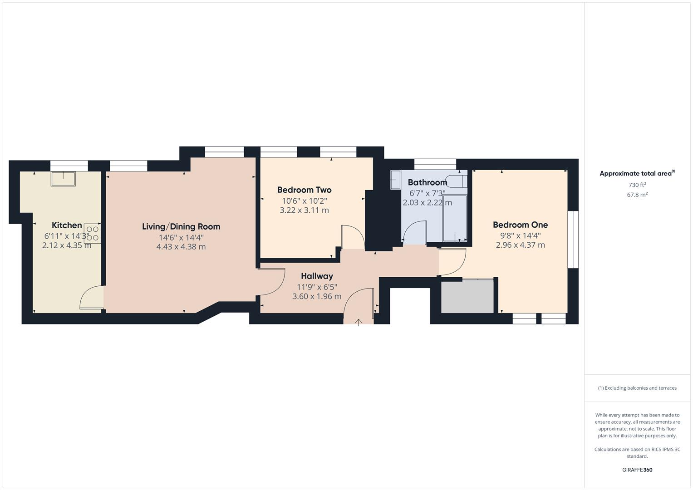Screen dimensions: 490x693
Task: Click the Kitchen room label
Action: pyautogui.click(x=67, y=225)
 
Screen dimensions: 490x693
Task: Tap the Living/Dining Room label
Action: pyautogui.click(x=181, y=226)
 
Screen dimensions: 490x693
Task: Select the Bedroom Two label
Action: pyautogui.click(x=304, y=190)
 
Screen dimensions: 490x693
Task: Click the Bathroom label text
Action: pyautogui.click(x=427, y=182)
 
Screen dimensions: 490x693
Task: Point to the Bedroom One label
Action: pyautogui.click(x=520, y=225)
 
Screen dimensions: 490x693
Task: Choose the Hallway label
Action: pyautogui.click(x=317, y=276)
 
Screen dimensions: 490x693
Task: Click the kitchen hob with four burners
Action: pyautogui.click(x=93, y=233)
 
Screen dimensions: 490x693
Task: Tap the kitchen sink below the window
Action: pyautogui.click(x=63, y=179)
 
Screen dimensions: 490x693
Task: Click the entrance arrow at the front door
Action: pyautogui.click(x=359, y=322)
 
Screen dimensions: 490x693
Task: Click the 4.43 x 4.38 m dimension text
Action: pyautogui.click(x=181, y=247)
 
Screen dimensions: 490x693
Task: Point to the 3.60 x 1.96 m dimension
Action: pyautogui.click(x=317, y=296)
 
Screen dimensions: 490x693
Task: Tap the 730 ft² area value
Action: pyautogui.click(x=637, y=185)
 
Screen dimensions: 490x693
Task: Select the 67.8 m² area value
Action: pyautogui.click(x=637, y=195)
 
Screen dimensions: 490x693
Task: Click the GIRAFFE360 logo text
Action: pyautogui.click(x=637, y=470)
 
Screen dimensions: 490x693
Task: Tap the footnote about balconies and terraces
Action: pyautogui.click(x=637, y=388)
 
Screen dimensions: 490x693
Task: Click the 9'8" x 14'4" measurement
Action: pyautogui.click(x=520, y=235)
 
